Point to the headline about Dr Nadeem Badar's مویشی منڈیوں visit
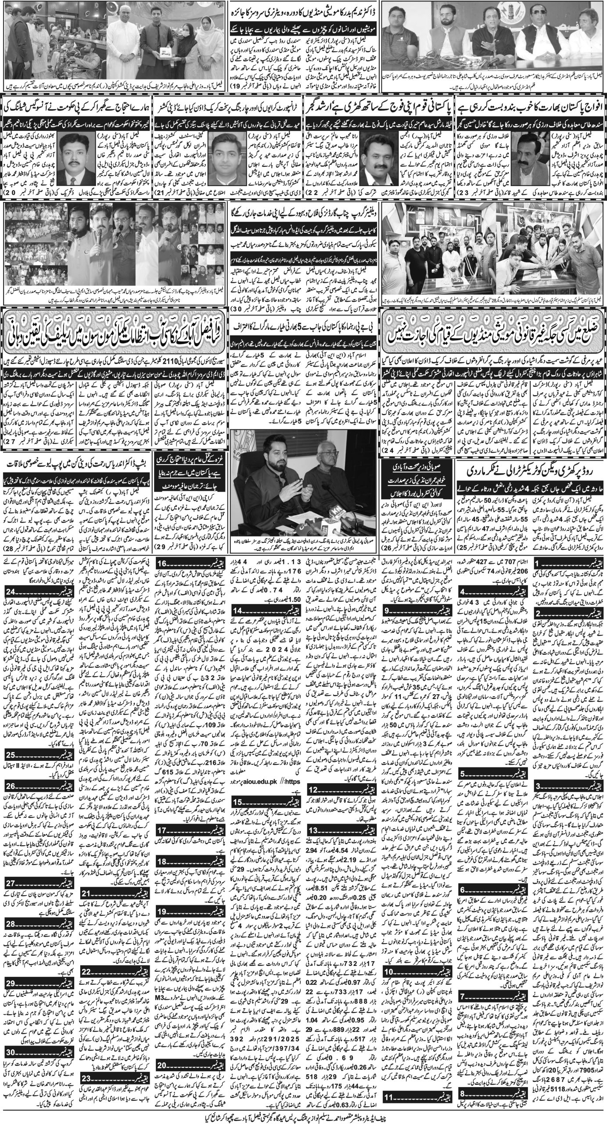click(303, 14)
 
